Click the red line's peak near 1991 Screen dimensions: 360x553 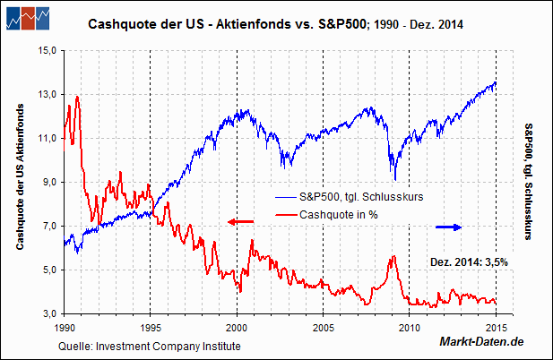click(78, 96)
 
